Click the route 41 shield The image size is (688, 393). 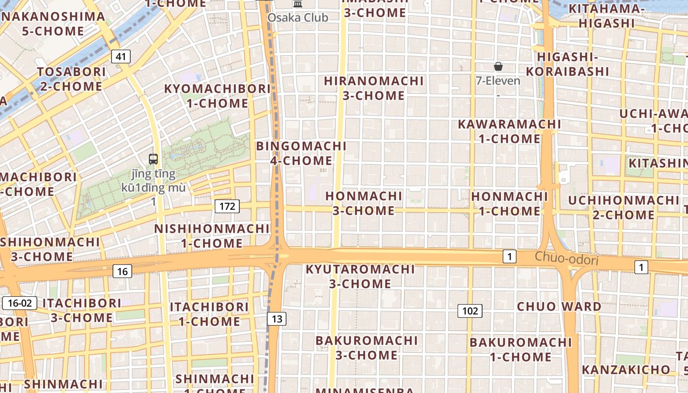[x=121, y=56]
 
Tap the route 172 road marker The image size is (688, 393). [x=227, y=206]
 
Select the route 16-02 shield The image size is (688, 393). [x=20, y=303]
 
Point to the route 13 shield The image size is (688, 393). [x=277, y=319]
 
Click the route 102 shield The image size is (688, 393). [x=470, y=310]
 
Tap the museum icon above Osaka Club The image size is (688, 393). [x=297, y=4]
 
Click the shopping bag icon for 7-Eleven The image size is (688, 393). [x=498, y=66]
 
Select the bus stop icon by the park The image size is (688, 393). [x=153, y=159]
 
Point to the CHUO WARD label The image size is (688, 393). [x=559, y=307]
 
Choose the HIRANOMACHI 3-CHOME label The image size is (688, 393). [x=373, y=88]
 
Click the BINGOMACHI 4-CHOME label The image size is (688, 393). [x=301, y=153]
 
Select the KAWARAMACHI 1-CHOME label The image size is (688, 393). [x=509, y=131]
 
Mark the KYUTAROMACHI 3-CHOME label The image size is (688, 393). [x=360, y=276]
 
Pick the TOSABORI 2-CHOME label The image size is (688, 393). [x=72, y=79]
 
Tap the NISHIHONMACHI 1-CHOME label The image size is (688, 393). [x=212, y=236]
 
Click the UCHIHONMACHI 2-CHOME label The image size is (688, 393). [x=624, y=207]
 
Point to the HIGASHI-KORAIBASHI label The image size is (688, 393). [x=573, y=64]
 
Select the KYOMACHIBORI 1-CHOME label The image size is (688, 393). [x=217, y=96]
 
